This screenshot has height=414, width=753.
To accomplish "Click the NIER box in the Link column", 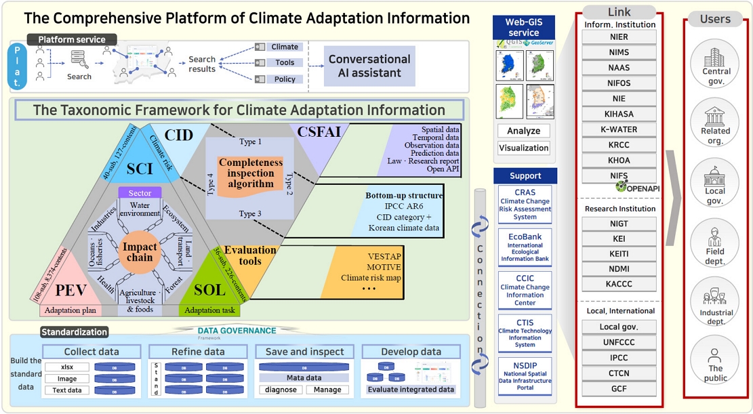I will pos(619,37).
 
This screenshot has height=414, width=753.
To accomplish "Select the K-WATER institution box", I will pos(619,129).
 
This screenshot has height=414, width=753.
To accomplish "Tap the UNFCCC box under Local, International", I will pos(619,342).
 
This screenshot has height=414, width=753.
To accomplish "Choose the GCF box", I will pos(619,389).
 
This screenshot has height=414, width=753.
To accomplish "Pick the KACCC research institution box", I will pos(619,285).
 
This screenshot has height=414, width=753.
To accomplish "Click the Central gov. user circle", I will pos(716,64).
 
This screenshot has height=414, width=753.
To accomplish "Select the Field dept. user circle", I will pos(716,245).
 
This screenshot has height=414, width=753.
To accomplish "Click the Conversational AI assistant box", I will pos(369,66).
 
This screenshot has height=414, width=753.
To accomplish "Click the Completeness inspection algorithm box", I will pos(250,173).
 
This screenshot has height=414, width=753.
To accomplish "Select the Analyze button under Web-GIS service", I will pos(524,131).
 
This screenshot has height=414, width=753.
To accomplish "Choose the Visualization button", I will pos(524,148).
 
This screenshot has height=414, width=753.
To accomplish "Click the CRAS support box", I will pos(525,204).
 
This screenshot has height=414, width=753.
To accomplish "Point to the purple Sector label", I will pos(140,193).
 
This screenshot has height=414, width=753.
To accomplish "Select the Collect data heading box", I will pos(91,352).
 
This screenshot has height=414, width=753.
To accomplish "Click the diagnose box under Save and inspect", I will pos(280,390).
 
